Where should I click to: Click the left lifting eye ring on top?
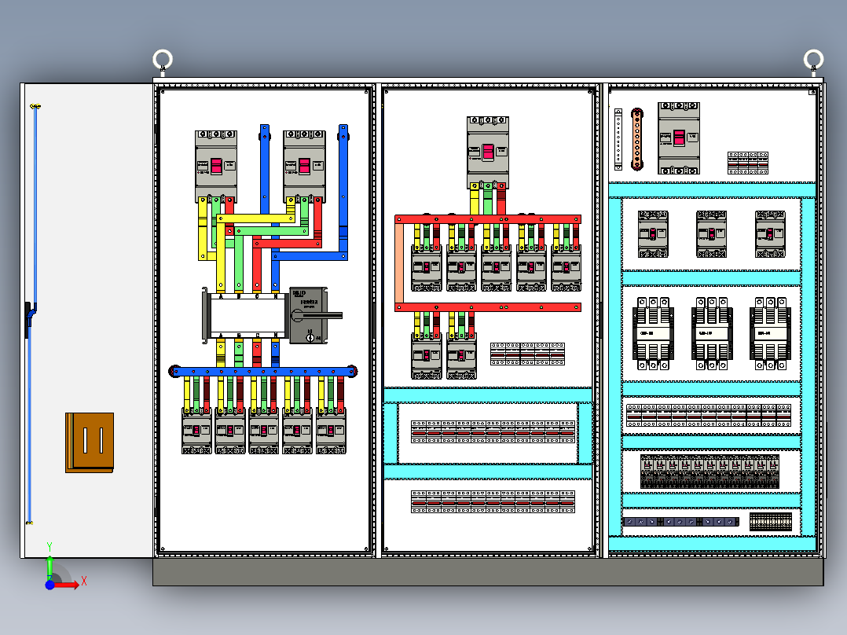[163, 60]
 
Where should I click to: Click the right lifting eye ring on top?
[813, 60]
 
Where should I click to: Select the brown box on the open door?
[90, 442]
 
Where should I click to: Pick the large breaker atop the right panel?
[678, 138]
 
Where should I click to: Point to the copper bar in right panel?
[636, 139]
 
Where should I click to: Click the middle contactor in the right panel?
[712, 332]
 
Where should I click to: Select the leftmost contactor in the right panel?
[653, 332]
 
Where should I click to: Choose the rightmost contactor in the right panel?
[770, 332]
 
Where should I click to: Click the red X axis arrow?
[71, 584]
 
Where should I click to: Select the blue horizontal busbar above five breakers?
[263, 371]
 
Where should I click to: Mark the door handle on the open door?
[29, 319]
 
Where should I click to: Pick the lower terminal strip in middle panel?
[493, 501]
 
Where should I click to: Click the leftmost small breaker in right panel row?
[653, 235]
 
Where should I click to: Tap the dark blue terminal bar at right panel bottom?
[680, 521]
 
